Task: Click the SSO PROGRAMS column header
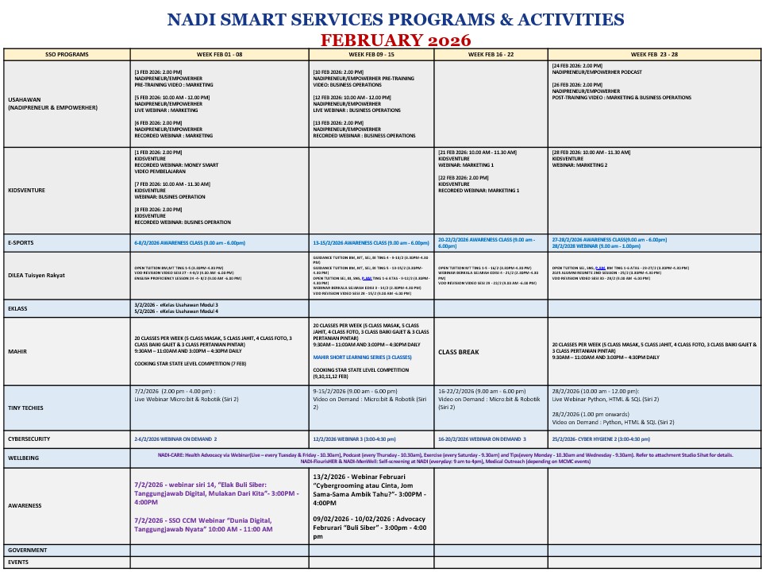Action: tap(67, 55)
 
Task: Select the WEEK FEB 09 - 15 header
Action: tap(371, 55)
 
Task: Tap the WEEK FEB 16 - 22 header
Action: tap(491, 55)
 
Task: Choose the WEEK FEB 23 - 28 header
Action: tap(653, 55)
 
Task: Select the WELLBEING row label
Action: tap(24, 458)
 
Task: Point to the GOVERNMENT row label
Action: tap(27, 550)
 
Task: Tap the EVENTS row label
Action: tap(18, 562)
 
